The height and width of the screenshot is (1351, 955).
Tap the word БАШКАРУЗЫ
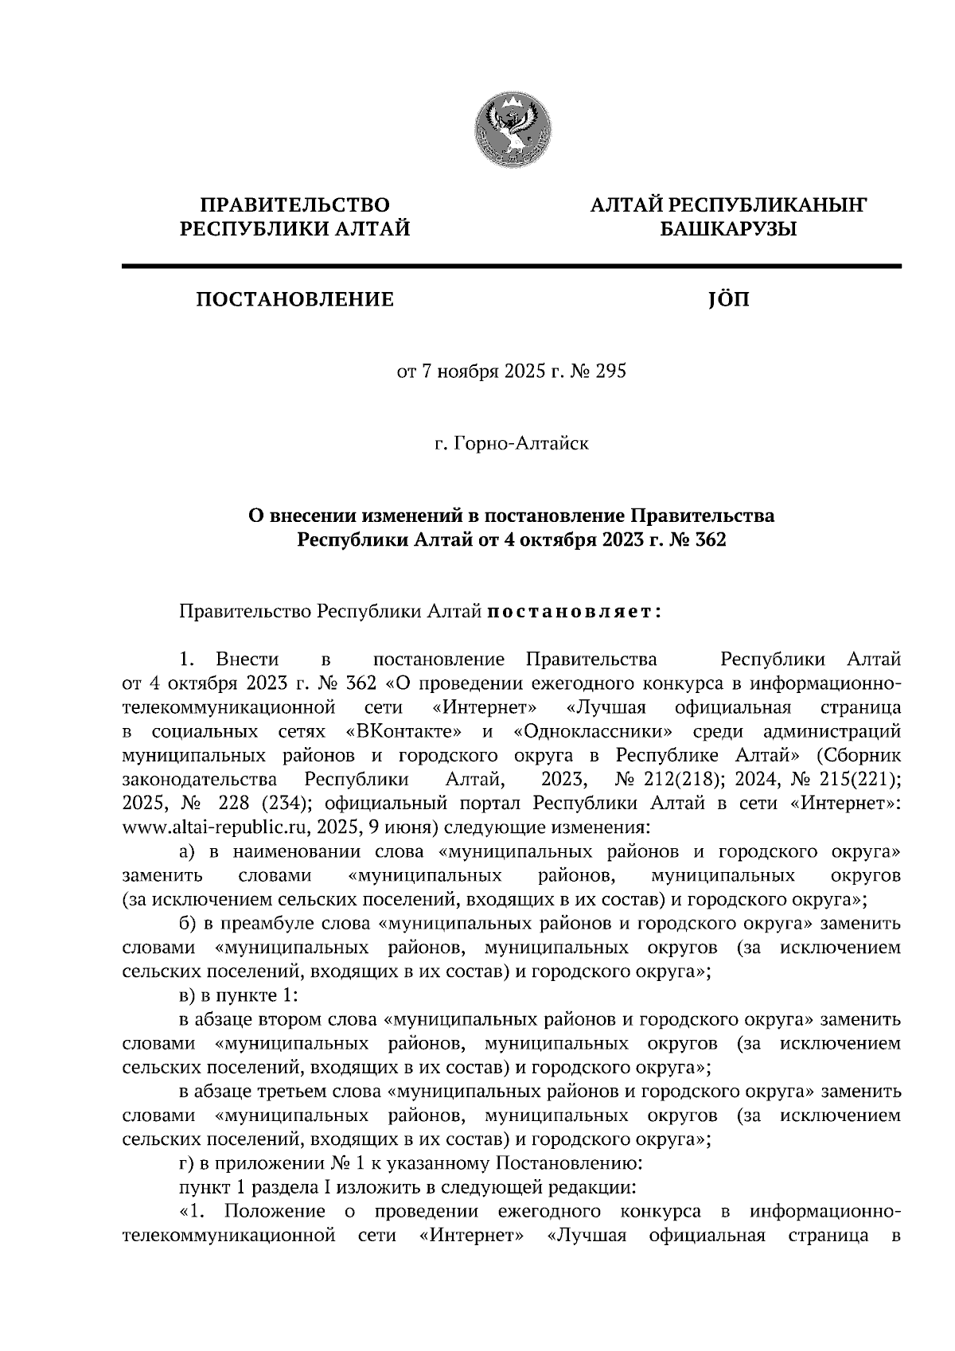click(x=727, y=230)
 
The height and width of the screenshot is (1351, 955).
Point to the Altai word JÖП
click(x=727, y=300)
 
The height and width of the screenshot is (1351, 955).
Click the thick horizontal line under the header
click(x=511, y=266)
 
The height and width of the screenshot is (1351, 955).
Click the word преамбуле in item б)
click(x=276, y=924)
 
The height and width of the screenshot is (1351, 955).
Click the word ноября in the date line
click(x=465, y=371)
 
